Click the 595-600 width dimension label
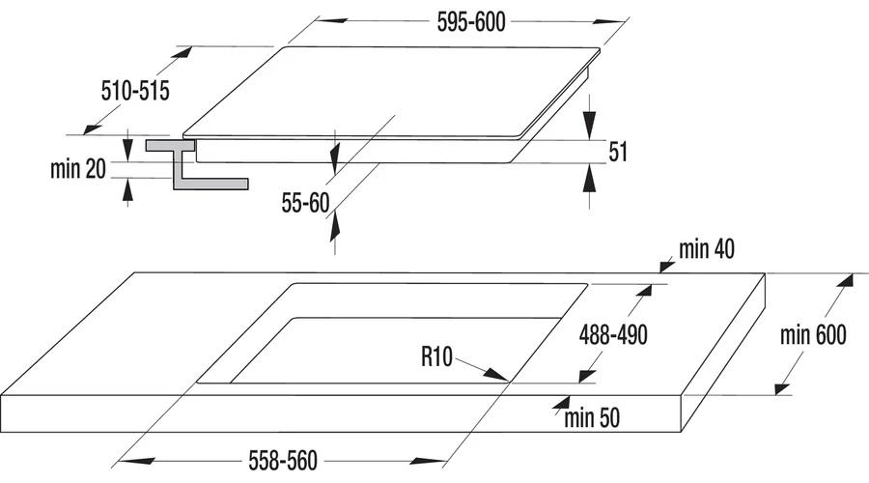click(471, 22)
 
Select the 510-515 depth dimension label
click(135, 91)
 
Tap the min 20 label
click(77, 169)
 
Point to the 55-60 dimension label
click(305, 203)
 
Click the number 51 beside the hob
click(618, 152)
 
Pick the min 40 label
click(707, 249)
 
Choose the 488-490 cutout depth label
click(613, 335)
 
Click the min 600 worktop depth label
click(813, 335)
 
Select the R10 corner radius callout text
click(436, 356)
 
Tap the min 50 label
click(592, 418)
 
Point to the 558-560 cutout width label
click(283, 461)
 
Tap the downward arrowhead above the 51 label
click(589, 125)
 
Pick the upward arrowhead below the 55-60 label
click(334, 227)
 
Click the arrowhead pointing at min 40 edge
click(666, 267)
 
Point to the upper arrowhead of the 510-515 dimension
click(182, 52)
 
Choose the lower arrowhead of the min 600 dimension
click(782, 388)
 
